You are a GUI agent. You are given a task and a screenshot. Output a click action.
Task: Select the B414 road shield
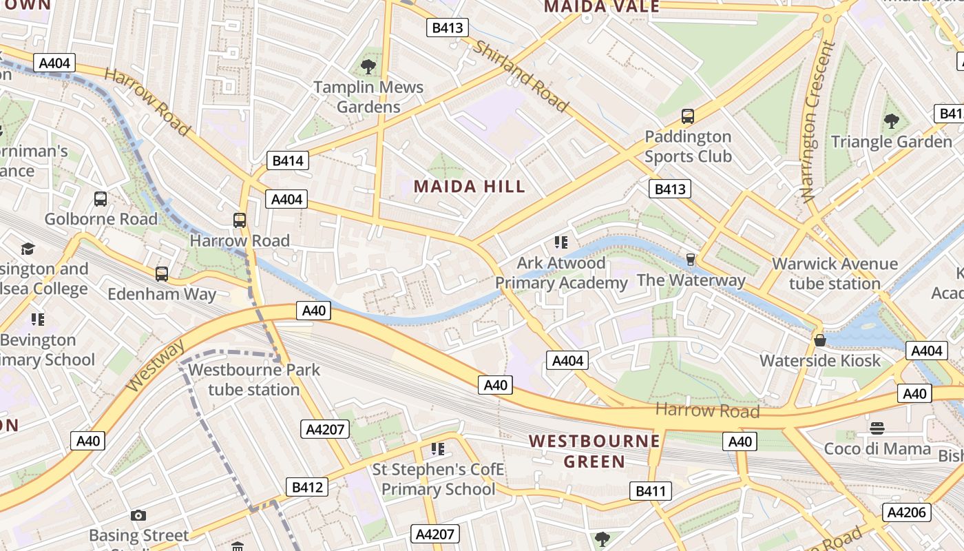(x=288, y=161)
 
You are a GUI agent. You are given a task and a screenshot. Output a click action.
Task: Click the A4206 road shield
(x=908, y=512)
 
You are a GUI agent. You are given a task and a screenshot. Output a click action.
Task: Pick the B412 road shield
(x=307, y=487)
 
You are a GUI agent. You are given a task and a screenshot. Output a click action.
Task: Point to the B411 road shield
(x=650, y=491)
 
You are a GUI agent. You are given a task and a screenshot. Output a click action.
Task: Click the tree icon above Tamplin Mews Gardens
(x=368, y=67)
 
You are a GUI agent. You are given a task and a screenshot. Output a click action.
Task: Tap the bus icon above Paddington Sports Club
(x=687, y=116)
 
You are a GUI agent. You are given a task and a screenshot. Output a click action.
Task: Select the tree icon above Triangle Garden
(x=892, y=121)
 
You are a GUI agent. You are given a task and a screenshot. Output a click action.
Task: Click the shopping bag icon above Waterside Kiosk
(x=819, y=340)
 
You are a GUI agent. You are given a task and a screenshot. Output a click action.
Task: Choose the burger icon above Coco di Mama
(x=877, y=428)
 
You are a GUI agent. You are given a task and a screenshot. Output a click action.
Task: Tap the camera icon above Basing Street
(x=138, y=515)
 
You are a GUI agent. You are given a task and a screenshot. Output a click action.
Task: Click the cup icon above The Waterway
(x=691, y=260)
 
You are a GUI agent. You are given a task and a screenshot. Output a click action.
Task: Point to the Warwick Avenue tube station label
(x=835, y=273)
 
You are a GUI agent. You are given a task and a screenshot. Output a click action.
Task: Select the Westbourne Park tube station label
(x=254, y=380)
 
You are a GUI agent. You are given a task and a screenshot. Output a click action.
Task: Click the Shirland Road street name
(x=521, y=76)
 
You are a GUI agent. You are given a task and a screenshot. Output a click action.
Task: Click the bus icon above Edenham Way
(x=162, y=274)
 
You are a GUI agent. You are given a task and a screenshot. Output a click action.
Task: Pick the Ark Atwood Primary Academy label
(x=561, y=273)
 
